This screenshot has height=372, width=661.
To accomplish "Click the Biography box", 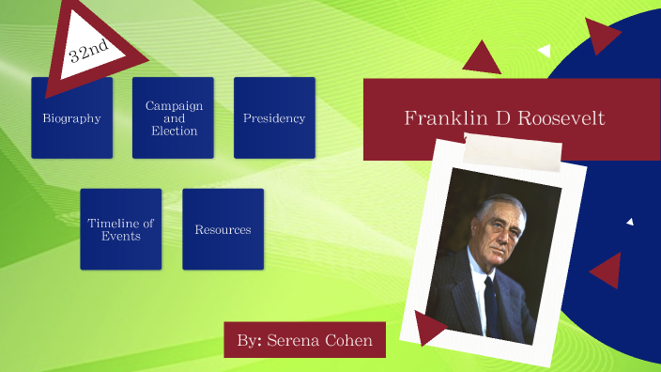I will [71, 118].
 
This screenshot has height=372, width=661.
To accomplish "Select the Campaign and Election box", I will [174, 118].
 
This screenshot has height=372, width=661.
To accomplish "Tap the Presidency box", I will [274, 118].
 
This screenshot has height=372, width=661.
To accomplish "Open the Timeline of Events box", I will [120, 229].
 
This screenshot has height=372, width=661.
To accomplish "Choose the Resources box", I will [223, 229].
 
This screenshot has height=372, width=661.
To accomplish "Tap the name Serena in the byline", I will [300, 339].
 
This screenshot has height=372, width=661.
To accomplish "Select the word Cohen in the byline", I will [356, 339].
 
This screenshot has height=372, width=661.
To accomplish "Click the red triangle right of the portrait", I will [608, 271].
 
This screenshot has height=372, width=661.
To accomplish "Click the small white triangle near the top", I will [545, 50].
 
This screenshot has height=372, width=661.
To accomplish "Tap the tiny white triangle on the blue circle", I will [630, 222].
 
